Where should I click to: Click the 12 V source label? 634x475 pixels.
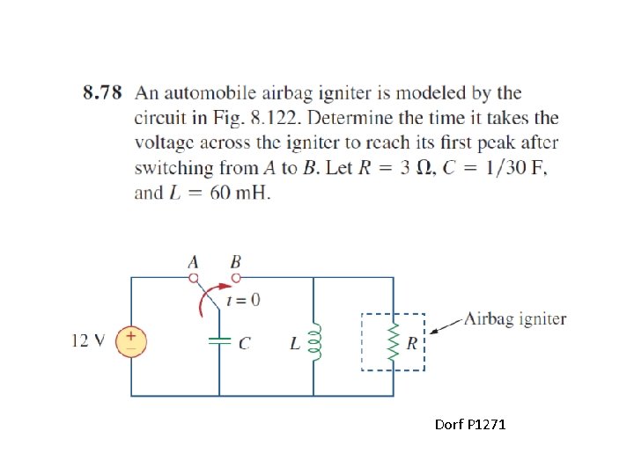click(89, 340)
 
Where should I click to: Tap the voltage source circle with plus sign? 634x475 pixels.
click(131, 340)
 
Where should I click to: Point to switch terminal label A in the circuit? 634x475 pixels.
click(194, 261)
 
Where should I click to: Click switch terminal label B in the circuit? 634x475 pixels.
click(235, 261)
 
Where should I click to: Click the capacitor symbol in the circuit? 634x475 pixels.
click(219, 340)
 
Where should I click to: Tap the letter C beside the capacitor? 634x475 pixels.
click(244, 343)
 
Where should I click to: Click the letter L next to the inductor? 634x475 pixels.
click(295, 343)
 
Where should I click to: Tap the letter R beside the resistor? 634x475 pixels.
click(412, 342)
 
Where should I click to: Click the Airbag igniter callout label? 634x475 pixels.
click(515, 318)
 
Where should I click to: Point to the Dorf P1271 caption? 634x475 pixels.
click(470, 426)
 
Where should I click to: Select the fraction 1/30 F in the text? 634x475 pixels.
click(510, 168)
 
